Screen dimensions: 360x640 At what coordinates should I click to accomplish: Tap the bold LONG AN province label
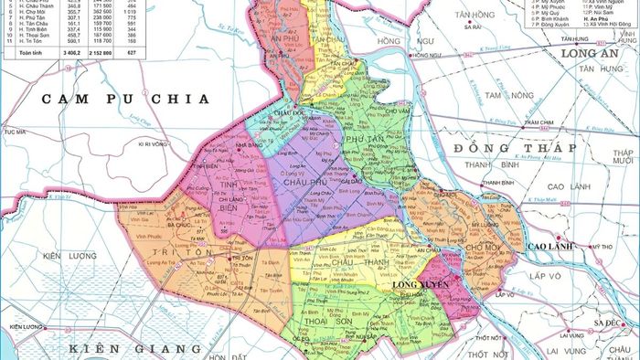(593, 53)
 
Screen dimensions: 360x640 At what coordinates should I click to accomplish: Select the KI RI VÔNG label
(155, 143)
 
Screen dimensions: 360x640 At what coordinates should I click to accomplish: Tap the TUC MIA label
(13, 132)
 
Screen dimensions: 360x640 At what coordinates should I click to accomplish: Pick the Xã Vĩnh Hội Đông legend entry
(607, 25)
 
